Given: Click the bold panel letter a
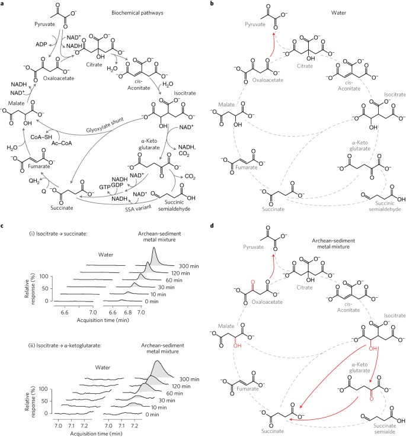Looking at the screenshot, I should point(4,4).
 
